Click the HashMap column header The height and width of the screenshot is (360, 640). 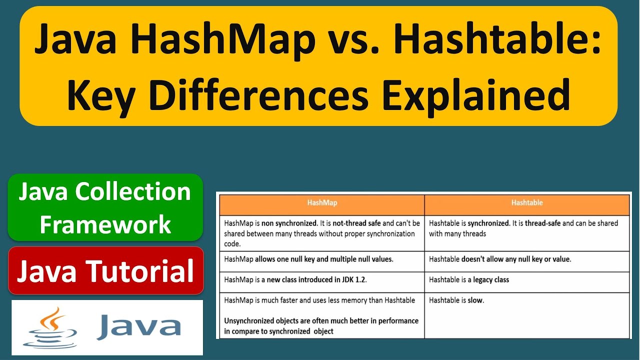pos(321,203)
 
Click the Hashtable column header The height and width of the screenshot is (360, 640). pos(526,203)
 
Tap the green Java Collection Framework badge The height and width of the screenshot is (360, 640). pos(105,207)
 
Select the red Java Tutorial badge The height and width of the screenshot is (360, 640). pos(105,270)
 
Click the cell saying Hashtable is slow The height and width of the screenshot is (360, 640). pos(526,315)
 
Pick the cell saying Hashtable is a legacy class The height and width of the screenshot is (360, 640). pos(526,280)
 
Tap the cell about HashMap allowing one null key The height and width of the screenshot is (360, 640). pos(321,259)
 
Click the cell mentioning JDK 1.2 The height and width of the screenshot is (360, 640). pos(321,280)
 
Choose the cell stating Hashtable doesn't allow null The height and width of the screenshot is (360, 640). pos(526,259)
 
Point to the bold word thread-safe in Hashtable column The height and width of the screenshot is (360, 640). pos(542,223)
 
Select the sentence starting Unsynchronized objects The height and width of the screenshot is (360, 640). pos(321,325)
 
